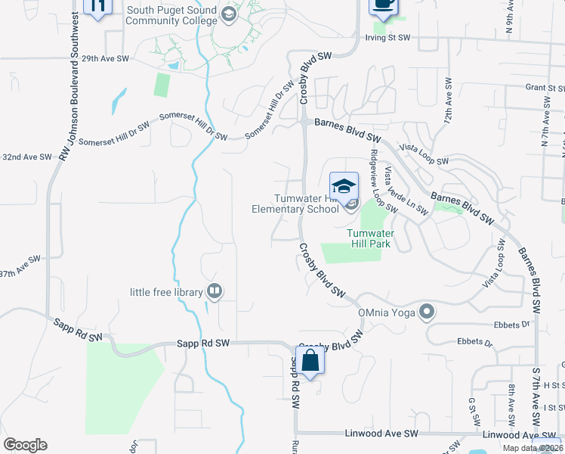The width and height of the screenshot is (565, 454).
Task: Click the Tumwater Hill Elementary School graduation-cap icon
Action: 344,185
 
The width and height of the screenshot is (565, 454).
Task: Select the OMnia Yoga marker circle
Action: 428,311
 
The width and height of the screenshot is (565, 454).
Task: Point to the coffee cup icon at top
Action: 383,5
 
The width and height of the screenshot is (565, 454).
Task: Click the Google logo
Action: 25,445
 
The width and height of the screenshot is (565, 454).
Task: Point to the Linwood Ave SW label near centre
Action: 389,434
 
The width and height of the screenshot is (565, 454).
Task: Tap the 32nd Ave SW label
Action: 26,157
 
